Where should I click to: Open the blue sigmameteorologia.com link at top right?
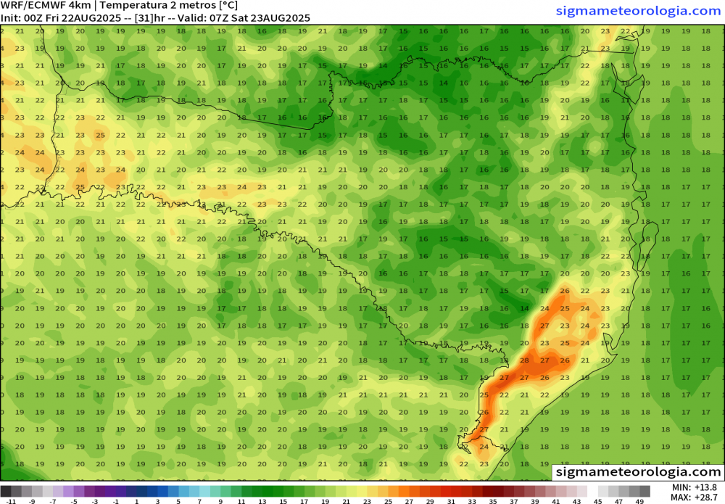638,11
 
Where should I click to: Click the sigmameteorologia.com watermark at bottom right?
638,472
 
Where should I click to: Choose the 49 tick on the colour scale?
639,500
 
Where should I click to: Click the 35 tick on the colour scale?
492,500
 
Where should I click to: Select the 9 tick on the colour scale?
220,500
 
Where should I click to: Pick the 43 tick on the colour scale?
576,500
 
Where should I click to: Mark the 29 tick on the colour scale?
429,500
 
